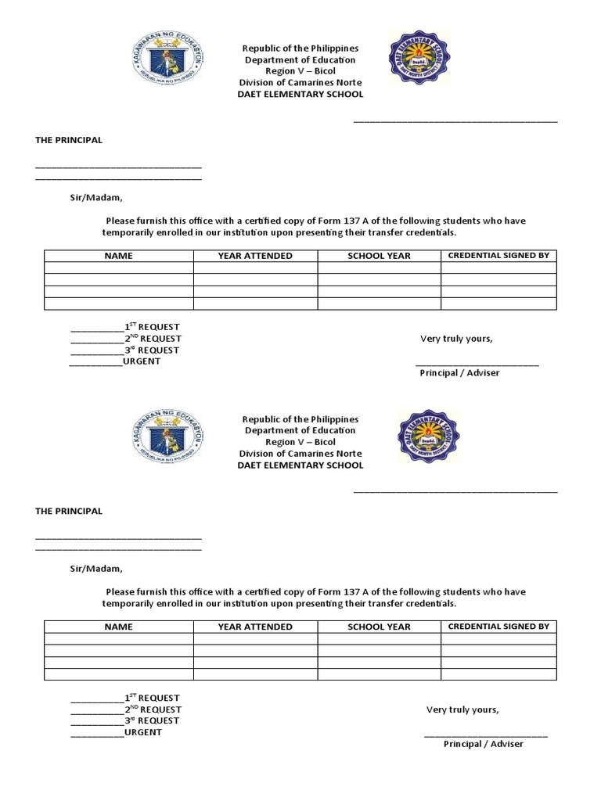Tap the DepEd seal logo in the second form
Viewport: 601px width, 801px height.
(x=167, y=438)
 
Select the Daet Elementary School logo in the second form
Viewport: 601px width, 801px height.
(x=429, y=437)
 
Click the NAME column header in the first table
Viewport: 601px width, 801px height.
(x=119, y=256)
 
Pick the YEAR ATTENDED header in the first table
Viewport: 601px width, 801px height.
(x=255, y=256)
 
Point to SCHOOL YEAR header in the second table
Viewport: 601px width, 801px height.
(x=379, y=627)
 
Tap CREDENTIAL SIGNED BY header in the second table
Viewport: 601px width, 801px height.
(x=498, y=626)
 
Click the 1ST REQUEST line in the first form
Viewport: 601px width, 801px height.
(x=126, y=327)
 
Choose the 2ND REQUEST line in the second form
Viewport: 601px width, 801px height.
(x=126, y=709)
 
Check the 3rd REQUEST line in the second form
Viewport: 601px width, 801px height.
(x=125, y=720)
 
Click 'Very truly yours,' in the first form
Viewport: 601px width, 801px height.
(x=456, y=339)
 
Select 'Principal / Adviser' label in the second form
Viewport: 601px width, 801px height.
(x=484, y=744)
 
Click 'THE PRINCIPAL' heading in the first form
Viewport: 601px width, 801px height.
(x=69, y=140)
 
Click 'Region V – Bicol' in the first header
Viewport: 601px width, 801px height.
(x=300, y=71)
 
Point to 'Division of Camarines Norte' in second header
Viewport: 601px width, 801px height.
(x=300, y=454)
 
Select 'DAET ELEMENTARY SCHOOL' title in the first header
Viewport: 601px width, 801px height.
(x=300, y=94)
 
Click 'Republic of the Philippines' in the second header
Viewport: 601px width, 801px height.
(x=300, y=419)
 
